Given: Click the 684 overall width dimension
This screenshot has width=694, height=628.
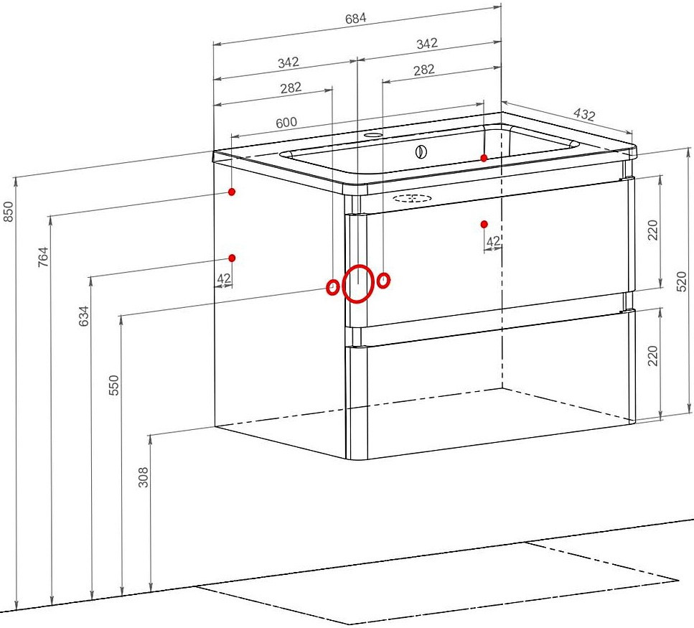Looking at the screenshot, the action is (356, 19).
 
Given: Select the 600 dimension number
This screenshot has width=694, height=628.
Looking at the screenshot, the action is (286, 123).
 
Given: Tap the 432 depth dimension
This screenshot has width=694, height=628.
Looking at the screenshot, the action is (584, 114).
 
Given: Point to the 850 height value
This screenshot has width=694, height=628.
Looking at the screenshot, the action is (9, 212).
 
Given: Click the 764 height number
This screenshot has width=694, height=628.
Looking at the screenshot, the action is (43, 257).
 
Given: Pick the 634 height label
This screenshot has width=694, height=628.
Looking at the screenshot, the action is (84, 316).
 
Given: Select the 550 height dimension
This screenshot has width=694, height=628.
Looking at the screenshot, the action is (114, 385).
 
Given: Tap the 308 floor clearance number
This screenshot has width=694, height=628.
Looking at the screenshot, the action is (144, 477).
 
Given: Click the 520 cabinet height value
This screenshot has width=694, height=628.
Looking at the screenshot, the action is (682, 281).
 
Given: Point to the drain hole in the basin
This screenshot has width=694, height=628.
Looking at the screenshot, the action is (421, 152).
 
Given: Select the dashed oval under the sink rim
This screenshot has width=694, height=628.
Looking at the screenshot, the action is (413, 198).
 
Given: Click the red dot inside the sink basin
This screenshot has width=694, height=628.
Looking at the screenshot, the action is (484, 158).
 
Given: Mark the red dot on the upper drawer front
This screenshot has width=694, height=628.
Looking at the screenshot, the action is (484, 224).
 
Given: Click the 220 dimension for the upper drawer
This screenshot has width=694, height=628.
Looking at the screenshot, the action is (653, 230).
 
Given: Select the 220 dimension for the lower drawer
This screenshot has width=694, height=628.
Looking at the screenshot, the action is (653, 356).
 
